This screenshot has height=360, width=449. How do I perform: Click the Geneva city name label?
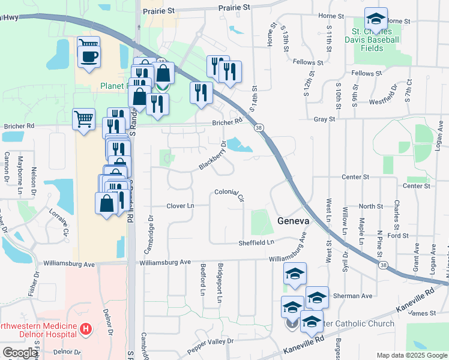(x=294, y=221)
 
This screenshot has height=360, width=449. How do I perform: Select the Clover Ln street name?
(x=180, y=206)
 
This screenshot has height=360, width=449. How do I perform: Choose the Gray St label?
(x=324, y=119)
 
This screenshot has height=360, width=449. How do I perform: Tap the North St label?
(x=370, y=206)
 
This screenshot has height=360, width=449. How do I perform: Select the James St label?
(x=424, y=313)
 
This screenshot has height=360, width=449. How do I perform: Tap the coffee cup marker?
(x=89, y=57)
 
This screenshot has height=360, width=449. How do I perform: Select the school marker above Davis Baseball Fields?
(x=376, y=20)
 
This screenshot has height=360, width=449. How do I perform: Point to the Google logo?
(x=20, y=353)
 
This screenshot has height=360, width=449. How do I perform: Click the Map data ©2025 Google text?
(x=411, y=355)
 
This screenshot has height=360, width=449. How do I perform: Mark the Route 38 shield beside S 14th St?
(x=258, y=128)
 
